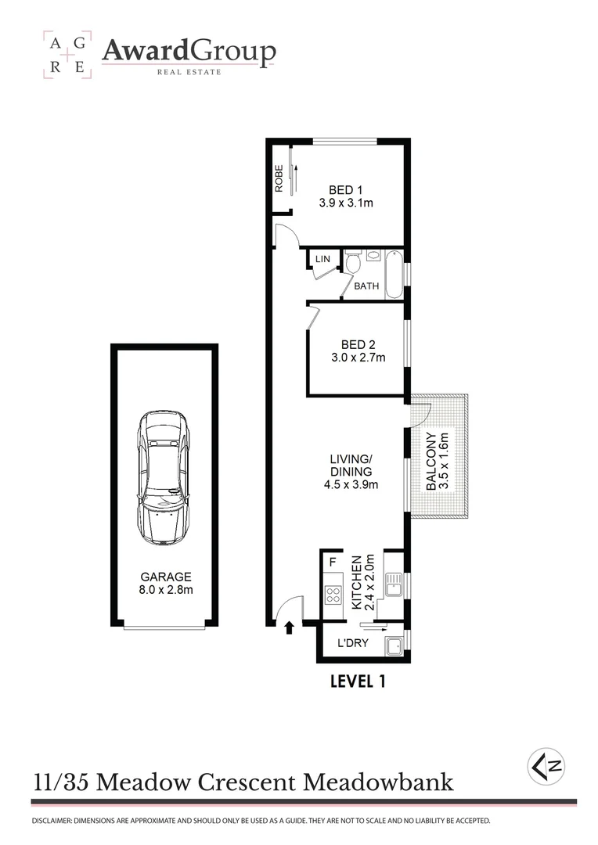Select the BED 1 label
(345, 189)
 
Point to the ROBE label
(279, 178)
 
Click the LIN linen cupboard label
(322, 259)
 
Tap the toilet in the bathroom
(352, 261)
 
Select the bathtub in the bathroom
(394, 273)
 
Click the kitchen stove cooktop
(333, 594)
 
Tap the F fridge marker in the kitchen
(332, 562)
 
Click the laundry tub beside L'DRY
(394, 645)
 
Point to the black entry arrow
(290, 627)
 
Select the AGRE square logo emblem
(67, 55)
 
